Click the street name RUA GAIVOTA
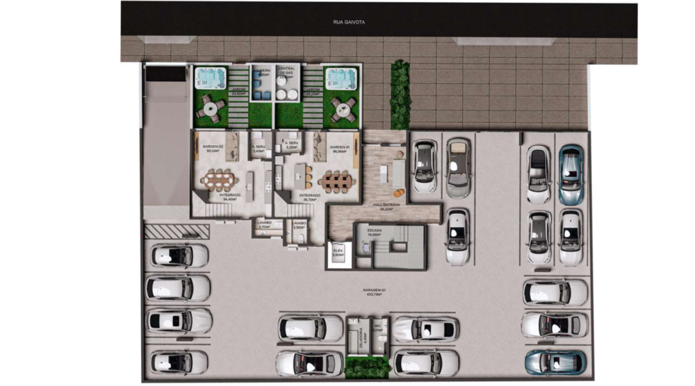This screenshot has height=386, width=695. click(x=349, y=22)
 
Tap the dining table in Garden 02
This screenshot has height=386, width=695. click(x=217, y=181)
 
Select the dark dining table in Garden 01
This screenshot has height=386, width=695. click(x=336, y=181)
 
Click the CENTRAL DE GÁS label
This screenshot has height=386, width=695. click(x=286, y=72)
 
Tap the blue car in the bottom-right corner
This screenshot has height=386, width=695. click(x=555, y=362)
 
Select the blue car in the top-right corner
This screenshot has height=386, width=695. click(x=571, y=174)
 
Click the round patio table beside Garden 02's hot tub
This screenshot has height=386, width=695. click(x=209, y=108)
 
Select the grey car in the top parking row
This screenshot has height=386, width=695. click(x=457, y=167)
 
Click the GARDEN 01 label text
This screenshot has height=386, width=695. click(x=338, y=148)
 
